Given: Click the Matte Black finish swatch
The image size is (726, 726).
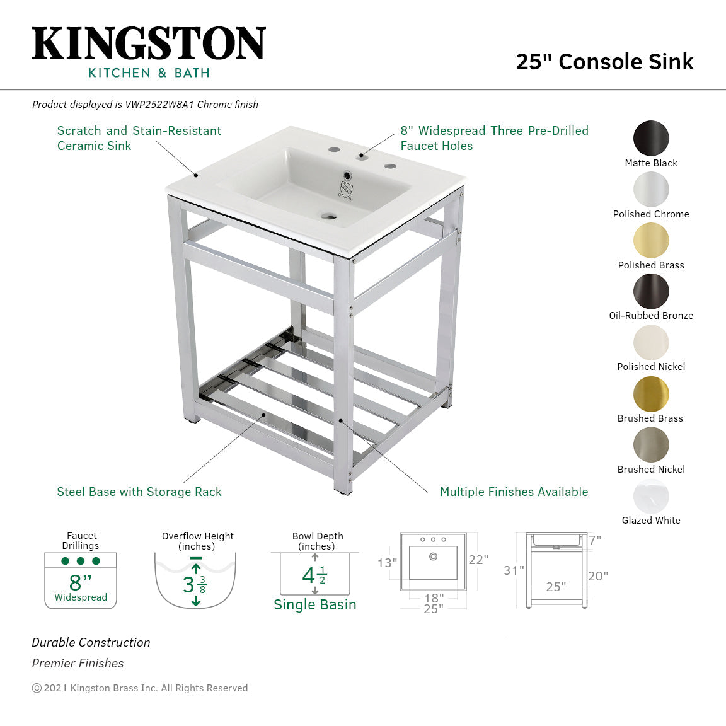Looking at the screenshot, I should [x=651, y=138].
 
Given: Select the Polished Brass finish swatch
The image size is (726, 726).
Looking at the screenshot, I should [x=651, y=240].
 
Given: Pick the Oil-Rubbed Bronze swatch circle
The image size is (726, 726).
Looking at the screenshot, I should [x=651, y=291].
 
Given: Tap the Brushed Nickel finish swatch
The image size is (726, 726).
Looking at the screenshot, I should [x=651, y=445].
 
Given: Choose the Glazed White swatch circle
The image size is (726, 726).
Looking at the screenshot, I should [x=651, y=496].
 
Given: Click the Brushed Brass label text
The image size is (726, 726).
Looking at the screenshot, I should [x=650, y=418].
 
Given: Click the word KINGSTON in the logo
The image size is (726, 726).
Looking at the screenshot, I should [x=149, y=43].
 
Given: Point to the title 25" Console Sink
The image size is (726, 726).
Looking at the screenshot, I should [x=604, y=61].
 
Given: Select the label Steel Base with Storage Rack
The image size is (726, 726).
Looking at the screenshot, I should [x=139, y=492].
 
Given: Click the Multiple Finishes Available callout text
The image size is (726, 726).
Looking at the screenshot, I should [x=514, y=492].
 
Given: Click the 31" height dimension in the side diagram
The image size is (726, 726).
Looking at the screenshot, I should [x=514, y=570].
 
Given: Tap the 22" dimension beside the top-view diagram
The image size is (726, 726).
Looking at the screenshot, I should [x=478, y=560].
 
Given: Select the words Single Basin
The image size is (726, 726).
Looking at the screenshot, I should [x=315, y=605].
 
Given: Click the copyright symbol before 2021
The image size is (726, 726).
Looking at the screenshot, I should [x=37, y=688].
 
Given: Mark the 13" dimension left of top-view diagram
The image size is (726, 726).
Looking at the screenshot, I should [x=388, y=563].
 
